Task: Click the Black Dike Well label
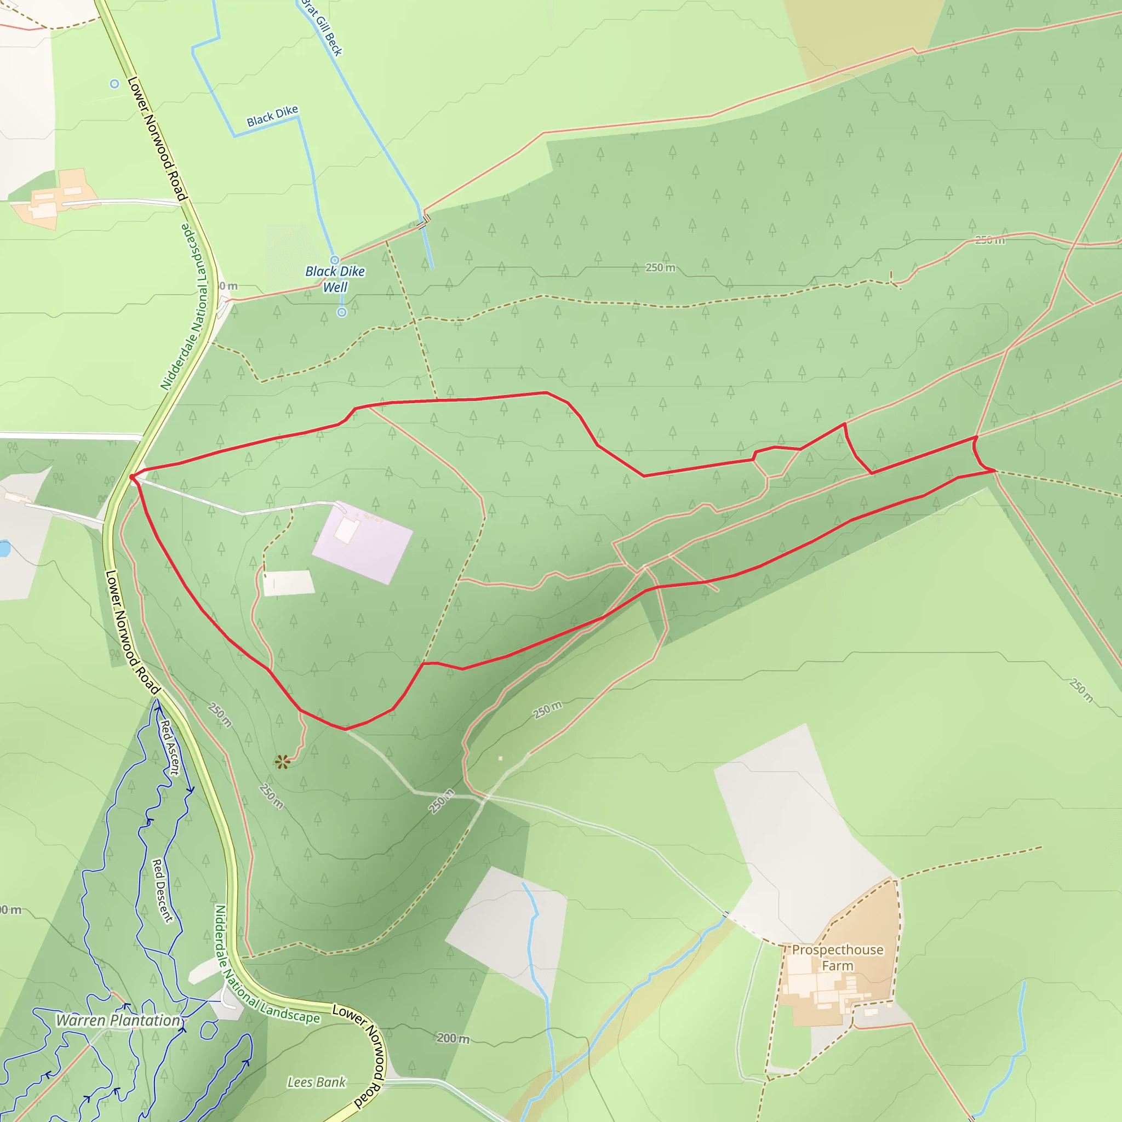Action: tap(335, 279)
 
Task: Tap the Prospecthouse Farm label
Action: tap(838, 958)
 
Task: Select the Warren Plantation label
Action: tap(118, 1020)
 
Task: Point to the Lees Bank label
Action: tap(317, 1082)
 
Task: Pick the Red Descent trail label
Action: tap(162, 890)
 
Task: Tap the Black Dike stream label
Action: tap(272, 116)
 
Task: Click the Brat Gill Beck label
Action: tap(322, 28)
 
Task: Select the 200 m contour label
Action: tap(453, 1038)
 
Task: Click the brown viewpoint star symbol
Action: tap(283, 762)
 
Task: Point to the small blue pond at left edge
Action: tap(4, 548)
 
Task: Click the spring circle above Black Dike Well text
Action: tap(335, 260)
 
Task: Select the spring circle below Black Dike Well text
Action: tap(342, 312)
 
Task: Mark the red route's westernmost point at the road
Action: tap(132, 477)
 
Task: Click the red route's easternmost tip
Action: tap(995, 470)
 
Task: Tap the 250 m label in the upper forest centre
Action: tap(660, 268)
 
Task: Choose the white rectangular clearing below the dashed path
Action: tap(289, 582)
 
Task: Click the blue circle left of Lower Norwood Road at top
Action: tap(115, 84)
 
